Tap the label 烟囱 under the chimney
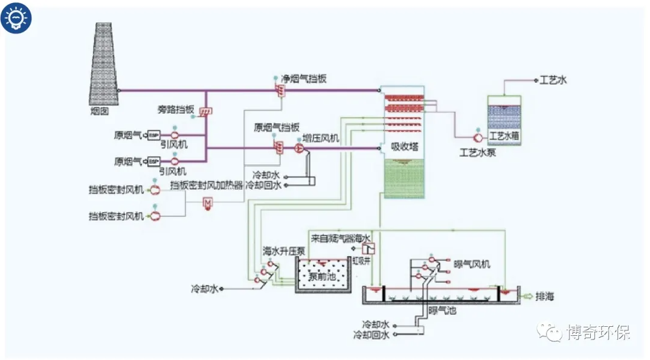click(x=100, y=111)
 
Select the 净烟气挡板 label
click(x=304, y=79)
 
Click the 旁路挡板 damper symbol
click(x=205, y=112)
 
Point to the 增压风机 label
click(x=321, y=138)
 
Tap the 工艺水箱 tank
click(x=504, y=120)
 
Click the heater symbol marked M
click(x=207, y=204)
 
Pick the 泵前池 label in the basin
click(x=322, y=277)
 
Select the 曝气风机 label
click(x=472, y=265)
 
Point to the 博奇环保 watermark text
click(x=598, y=332)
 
